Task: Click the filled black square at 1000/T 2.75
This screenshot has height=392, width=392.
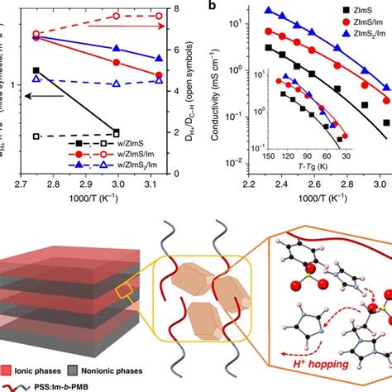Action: pyautogui.click(x=36, y=71)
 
